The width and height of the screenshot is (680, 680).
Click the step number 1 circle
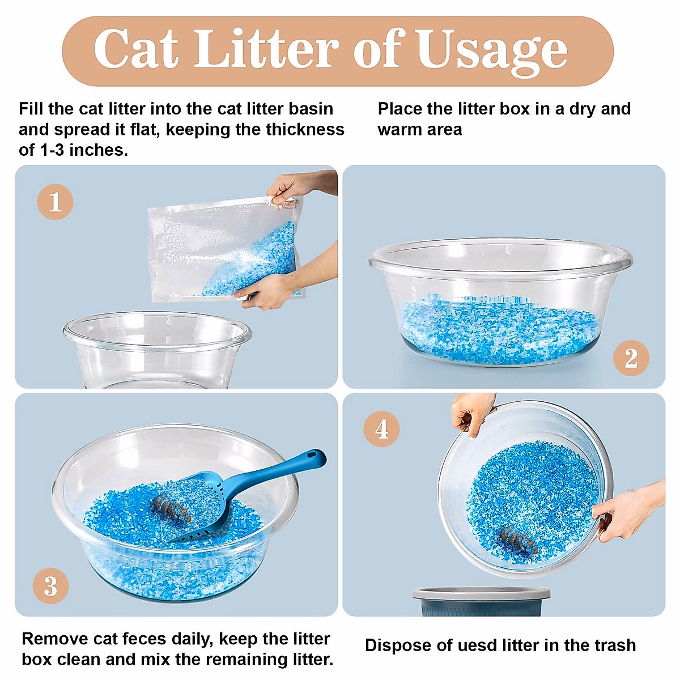point(55,202)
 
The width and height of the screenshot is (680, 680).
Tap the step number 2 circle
point(631,358)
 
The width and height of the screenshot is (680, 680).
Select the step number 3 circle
point(50,586)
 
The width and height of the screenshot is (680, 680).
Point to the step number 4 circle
point(381,429)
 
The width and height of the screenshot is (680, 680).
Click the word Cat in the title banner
point(136,50)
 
